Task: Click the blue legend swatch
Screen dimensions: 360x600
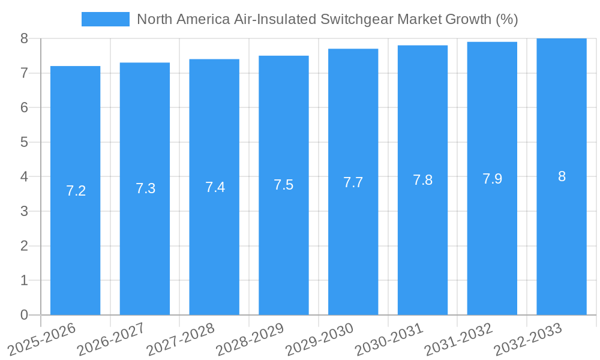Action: click(x=106, y=19)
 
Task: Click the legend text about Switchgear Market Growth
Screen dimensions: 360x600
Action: click(x=327, y=19)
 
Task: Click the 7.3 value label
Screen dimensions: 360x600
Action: click(x=145, y=188)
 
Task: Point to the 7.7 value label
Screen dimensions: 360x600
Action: click(x=353, y=182)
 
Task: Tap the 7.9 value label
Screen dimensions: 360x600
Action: click(x=492, y=179)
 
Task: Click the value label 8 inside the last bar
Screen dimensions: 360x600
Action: click(x=562, y=176)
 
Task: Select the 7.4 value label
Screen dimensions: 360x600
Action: click(x=215, y=187)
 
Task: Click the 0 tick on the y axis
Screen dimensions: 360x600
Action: click(x=24, y=315)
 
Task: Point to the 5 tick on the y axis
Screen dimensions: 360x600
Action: click(x=24, y=142)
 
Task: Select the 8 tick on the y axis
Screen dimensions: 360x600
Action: click(x=24, y=38)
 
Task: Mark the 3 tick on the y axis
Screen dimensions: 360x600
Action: click(x=24, y=211)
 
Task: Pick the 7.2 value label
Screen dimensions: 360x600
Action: click(x=76, y=191)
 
